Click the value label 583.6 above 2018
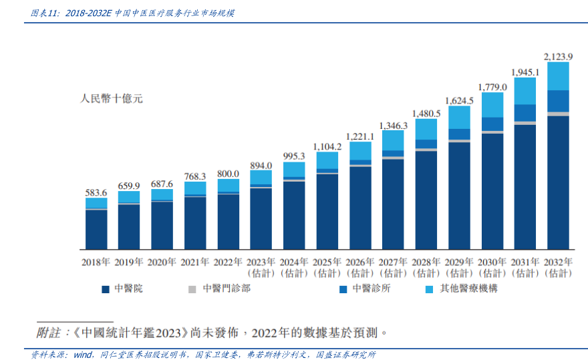pos(96,192)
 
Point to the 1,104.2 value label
pos(327,146)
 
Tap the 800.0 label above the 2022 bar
pos(228,174)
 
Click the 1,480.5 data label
pos(426,114)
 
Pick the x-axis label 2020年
pos(162,262)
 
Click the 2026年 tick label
pos(360,262)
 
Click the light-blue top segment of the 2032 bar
pos(558,76)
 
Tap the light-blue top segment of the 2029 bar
pos(459,117)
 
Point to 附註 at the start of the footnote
pos(48,332)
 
